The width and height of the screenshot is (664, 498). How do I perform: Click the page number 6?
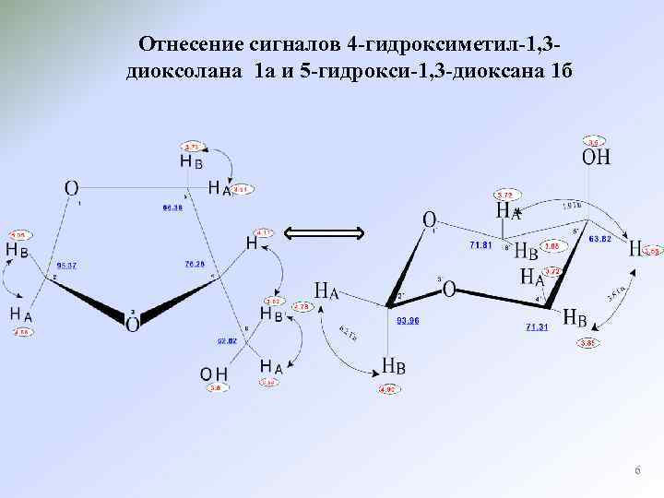[636, 471]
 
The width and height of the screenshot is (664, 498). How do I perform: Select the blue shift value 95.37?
[66, 265]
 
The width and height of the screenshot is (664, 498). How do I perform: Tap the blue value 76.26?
[194, 264]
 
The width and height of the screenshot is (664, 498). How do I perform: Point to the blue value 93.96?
[408, 321]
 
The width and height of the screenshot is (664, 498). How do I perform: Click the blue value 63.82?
[600, 238]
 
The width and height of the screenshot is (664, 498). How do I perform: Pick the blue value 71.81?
[482, 245]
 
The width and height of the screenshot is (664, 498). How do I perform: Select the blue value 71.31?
[539, 326]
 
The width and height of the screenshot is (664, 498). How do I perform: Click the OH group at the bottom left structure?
[214, 373]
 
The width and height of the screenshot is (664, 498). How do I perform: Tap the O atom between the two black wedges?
[133, 324]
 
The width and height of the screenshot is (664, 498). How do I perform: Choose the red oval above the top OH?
[595, 142]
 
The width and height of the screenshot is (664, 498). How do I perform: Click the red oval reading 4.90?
[387, 388]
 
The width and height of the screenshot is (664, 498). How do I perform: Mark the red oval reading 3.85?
[588, 344]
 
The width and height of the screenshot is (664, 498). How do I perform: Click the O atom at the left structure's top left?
[71, 188]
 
